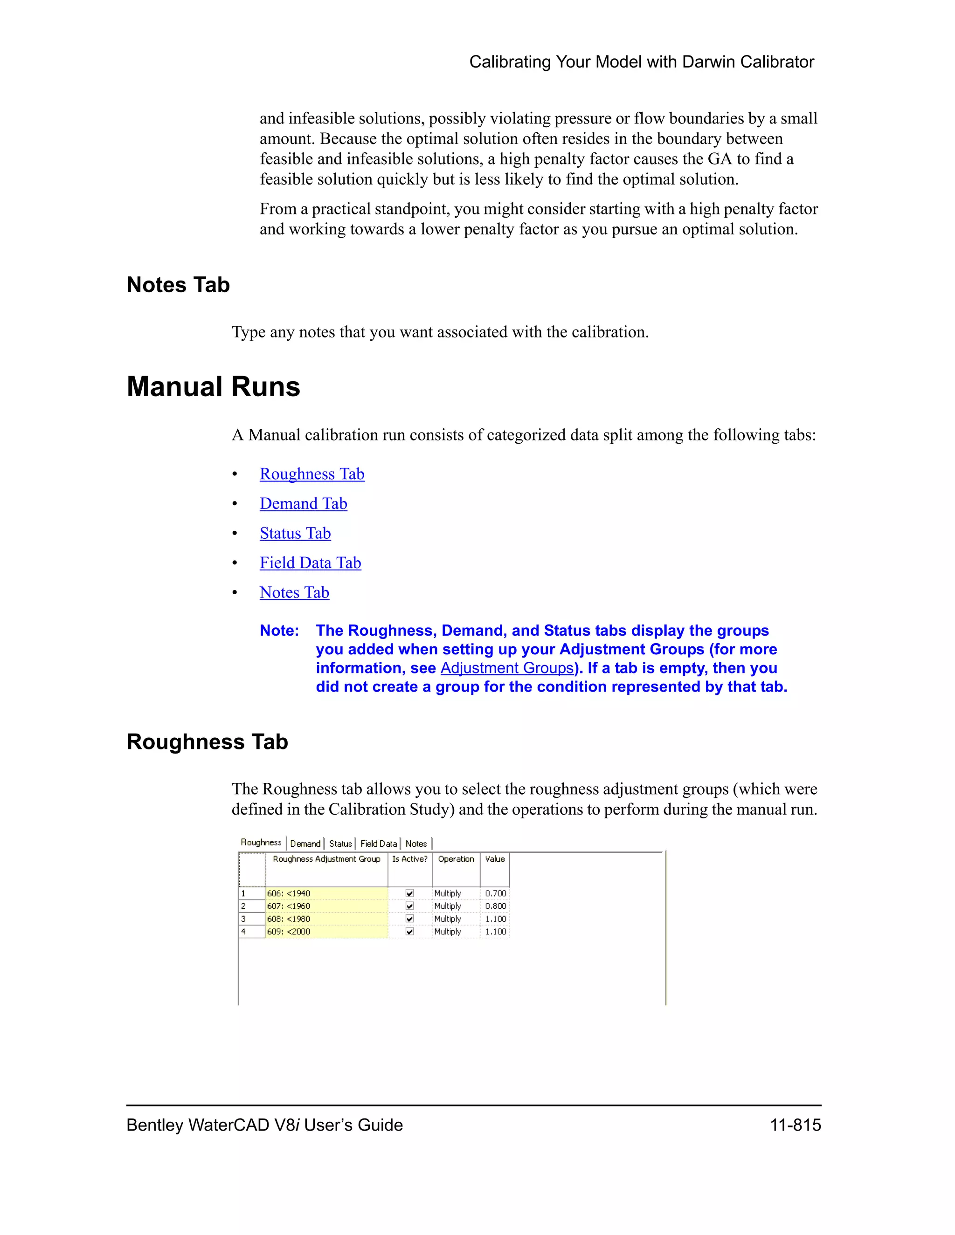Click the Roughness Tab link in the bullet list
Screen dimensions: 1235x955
312,474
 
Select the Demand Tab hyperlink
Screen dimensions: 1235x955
303,503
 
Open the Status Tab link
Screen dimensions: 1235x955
295,533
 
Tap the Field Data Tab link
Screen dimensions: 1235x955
310,563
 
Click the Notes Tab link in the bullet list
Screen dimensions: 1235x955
294,593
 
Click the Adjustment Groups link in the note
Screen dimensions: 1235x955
507,668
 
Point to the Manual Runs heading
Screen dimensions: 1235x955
213,387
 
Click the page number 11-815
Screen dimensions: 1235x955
795,1125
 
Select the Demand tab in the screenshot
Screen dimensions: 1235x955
305,844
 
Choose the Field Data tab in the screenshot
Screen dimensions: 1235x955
379,844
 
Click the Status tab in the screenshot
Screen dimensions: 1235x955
340,844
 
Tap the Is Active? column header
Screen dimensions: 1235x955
409,859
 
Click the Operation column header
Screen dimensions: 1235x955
456,859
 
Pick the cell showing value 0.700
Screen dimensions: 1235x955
495,893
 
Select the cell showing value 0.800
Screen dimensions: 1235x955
495,906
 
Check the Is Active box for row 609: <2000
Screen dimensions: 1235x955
409,931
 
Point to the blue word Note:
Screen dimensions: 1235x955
279,631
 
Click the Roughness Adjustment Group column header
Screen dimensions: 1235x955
326,859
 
